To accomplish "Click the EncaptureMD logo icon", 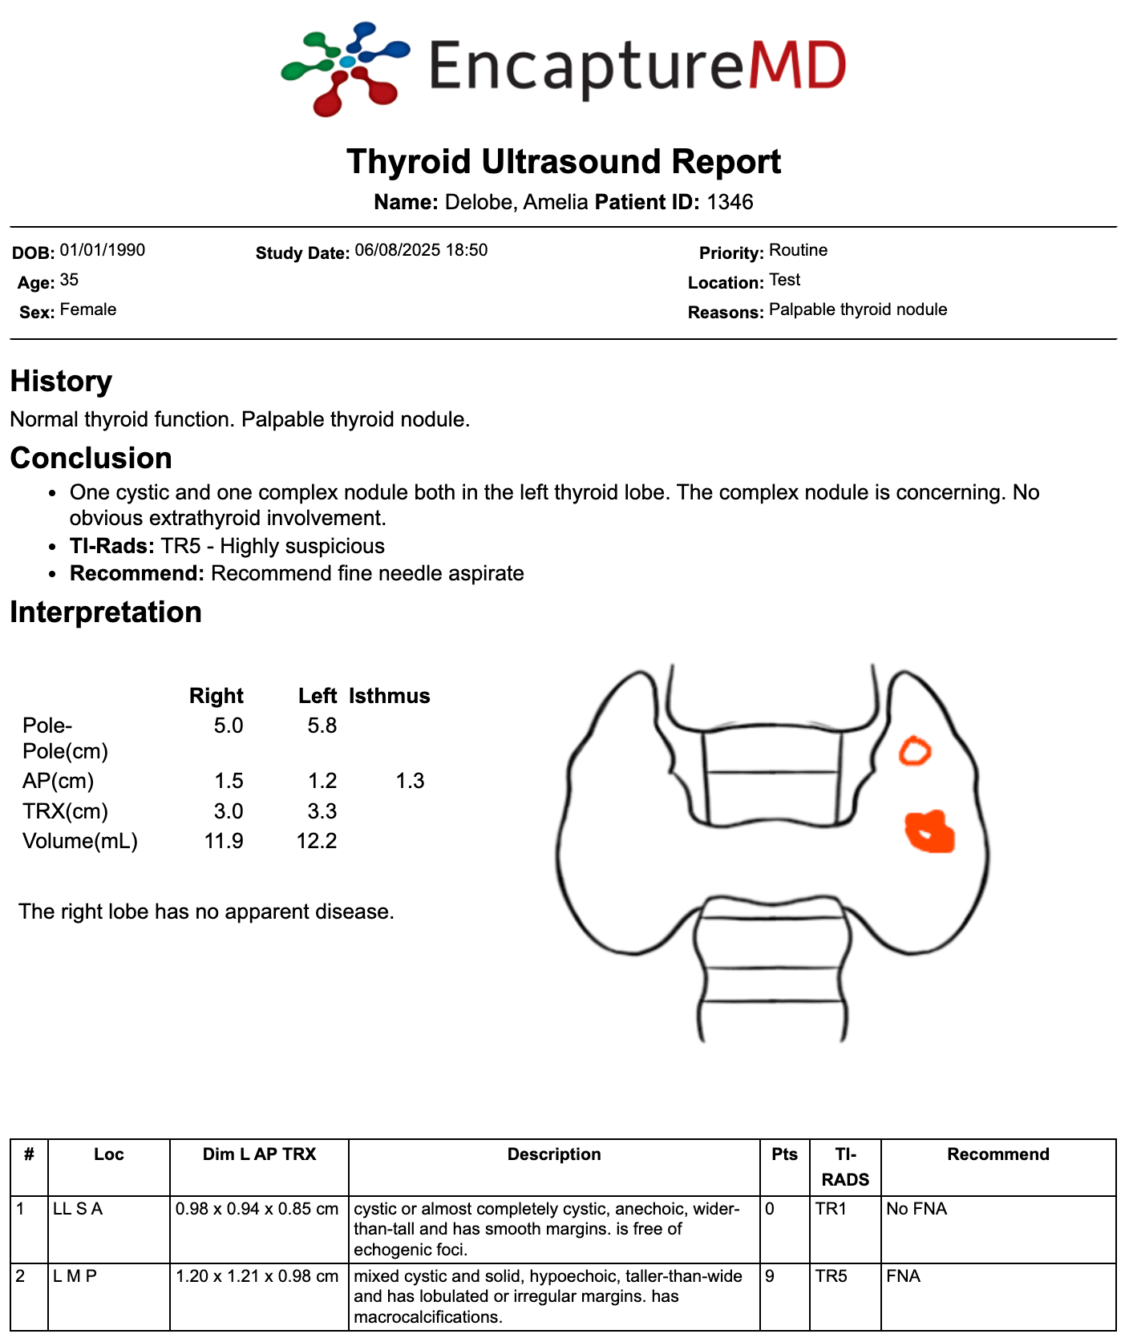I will coord(345,67).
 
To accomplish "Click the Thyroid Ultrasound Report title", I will coord(564,161).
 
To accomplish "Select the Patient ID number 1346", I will coord(730,202).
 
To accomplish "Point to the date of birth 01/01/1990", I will coord(103,250).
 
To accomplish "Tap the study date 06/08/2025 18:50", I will coord(421,250).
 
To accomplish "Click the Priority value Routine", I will coord(798,250).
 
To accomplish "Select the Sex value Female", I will coord(88,309).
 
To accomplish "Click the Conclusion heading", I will coord(91,458).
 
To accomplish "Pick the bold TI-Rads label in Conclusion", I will coord(112,546).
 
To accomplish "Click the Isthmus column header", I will coord(389,696).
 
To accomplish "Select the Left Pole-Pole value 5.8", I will coord(322,726).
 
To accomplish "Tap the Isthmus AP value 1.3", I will coord(410,781).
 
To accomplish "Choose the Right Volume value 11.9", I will coord(224,841).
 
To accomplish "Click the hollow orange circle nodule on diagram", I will coord(914,752).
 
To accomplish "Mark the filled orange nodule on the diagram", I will coord(930,832).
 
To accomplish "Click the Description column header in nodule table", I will coord(554,1154).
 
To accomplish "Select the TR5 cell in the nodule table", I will coord(832,1276).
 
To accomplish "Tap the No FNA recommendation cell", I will coord(917,1209).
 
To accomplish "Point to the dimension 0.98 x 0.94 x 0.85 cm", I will coord(257,1209).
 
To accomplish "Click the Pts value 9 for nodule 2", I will coord(771,1276).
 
